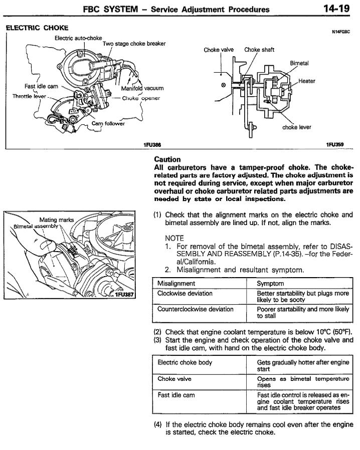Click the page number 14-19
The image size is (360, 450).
point(336,9)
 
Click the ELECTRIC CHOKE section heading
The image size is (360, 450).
point(37,28)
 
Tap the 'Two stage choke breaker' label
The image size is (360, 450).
point(134,44)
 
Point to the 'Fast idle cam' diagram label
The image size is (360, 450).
point(41,86)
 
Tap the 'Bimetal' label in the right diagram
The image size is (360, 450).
point(299,63)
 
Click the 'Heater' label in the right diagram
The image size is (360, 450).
point(306,81)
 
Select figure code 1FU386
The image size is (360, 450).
point(152,144)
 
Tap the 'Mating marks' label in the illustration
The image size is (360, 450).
point(56,220)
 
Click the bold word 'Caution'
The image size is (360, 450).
point(167,159)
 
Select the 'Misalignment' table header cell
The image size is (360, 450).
point(176,283)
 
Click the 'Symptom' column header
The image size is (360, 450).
point(270,283)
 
